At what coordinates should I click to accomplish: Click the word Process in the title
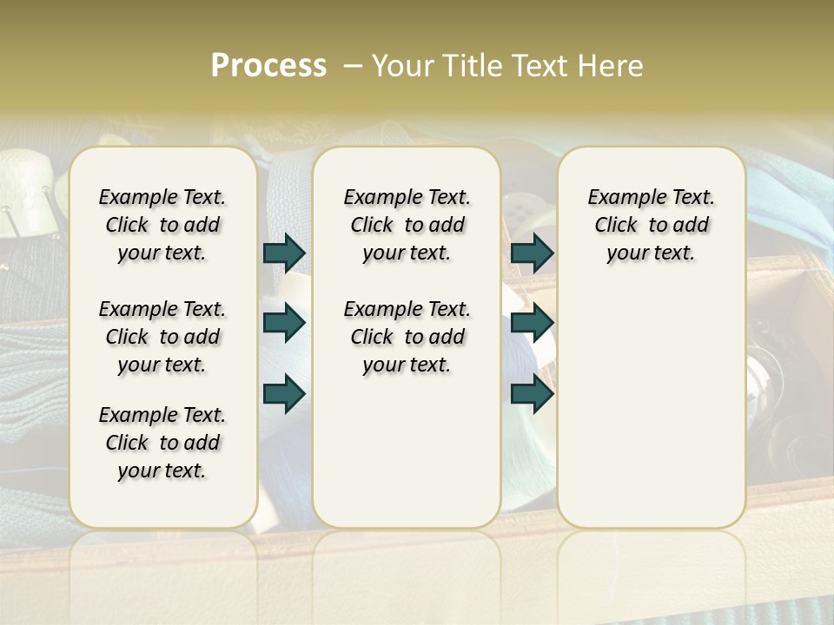(x=268, y=66)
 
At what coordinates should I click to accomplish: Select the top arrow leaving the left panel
(x=284, y=253)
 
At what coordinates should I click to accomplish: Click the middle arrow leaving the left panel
(x=284, y=323)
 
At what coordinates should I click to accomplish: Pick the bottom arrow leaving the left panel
(x=284, y=394)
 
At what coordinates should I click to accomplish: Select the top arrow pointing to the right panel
(x=532, y=253)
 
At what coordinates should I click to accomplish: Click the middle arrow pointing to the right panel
(x=532, y=323)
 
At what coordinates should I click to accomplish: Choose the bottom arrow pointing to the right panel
(x=532, y=394)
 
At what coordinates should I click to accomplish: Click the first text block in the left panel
(x=162, y=225)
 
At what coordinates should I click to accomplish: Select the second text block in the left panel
(x=162, y=337)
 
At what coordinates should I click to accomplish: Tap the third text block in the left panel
(x=162, y=443)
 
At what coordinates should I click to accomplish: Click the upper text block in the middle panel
(x=407, y=225)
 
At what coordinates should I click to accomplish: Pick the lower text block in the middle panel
(x=407, y=337)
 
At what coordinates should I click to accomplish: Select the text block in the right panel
(x=652, y=225)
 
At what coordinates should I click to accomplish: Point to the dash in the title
(x=353, y=66)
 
